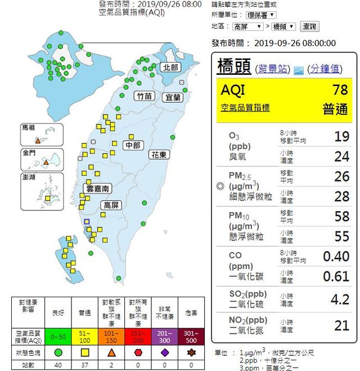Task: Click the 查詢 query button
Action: click(x=309, y=26)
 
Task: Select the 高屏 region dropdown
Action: click(x=247, y=26)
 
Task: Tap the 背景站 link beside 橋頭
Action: click(x=273, y=69)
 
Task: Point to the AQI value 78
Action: click(x=340, y=90)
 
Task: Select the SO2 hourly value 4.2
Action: click(x=340, y=299)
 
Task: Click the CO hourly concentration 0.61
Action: click(x=336, y=276)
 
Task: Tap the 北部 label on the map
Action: click(x=170, y=67)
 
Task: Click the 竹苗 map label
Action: click(x=145, y=96)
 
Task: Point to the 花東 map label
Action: click(x=158, y=154)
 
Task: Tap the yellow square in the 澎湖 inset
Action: click(x=47, y=199)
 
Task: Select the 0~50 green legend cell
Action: click(x=57, y=336)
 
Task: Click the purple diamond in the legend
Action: click(x=165, y=352)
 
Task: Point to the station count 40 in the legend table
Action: click(x=57, y=365)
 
